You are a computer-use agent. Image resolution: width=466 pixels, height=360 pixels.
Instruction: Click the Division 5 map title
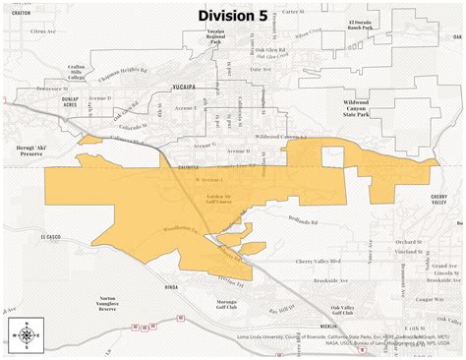(x=233, y=15)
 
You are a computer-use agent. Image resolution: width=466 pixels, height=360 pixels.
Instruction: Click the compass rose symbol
(x=24, y=334)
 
